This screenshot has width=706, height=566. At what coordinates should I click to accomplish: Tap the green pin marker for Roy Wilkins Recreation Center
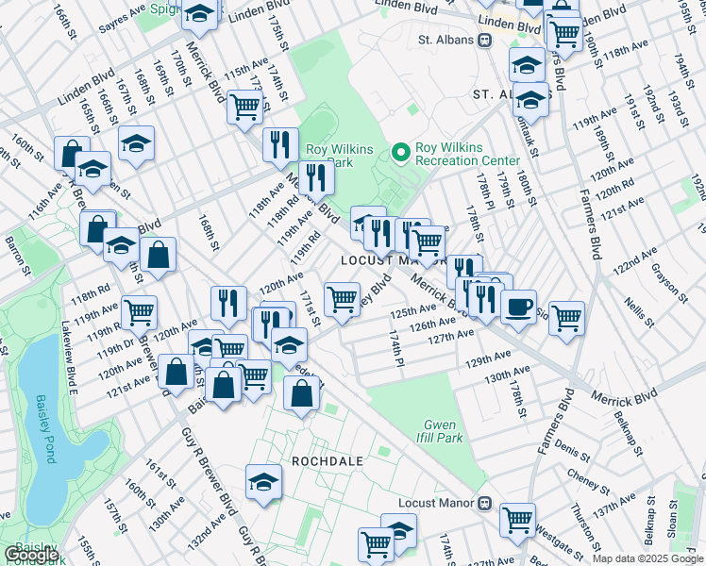click(x=402, y=150)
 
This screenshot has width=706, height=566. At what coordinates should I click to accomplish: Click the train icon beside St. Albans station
click(x=484, y=41)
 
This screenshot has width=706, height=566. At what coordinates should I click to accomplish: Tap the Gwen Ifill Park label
click(x=442, y=431)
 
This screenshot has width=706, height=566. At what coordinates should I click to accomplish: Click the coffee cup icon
click(x=517, y=307)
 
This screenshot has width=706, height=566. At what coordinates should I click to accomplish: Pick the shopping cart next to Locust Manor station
click(x=517, y=518)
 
